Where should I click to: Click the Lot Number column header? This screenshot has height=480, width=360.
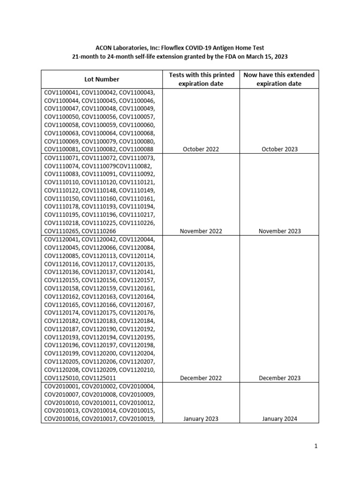point(102,79)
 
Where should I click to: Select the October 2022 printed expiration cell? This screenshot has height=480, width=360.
point(201,149)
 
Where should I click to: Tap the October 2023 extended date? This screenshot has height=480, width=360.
point(280,149)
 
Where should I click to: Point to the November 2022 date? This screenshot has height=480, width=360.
point(201,231)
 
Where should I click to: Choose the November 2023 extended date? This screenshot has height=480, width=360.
point(280,231)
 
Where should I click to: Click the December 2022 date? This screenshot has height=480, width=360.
point(201,378)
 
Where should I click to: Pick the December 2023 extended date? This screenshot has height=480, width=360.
point(280,378)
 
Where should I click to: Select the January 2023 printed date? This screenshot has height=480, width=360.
point(201,419)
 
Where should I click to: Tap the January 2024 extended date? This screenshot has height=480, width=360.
point(280,419)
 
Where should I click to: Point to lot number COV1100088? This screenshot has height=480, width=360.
point(137,149)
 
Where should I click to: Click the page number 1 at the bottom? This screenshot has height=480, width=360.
point(317,446)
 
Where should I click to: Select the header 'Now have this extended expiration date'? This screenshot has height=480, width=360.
point(279,79)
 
